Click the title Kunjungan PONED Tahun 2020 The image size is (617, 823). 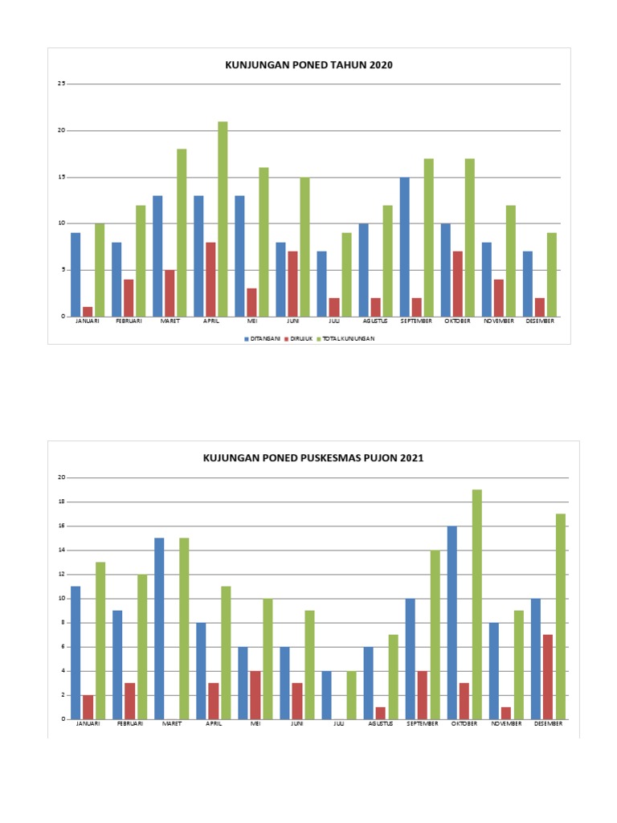(x=308, y=65)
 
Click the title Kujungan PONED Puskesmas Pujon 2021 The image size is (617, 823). (x=313, y=458)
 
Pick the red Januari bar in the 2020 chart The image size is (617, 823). (x=88, y=311)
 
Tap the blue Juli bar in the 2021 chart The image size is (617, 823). (x=326, y=695)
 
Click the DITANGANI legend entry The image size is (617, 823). (x=263, y=338)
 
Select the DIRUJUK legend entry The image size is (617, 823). (x=300, y=338)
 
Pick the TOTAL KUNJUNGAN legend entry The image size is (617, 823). (x=349, y=338)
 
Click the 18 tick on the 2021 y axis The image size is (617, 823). (x=61, y=502)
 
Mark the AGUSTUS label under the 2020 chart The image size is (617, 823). (x=375, y=321)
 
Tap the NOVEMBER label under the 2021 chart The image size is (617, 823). (x=506, y=723)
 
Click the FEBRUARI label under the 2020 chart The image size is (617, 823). (x=129, y=321)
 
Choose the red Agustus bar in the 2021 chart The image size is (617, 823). (x=380, y=713)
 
